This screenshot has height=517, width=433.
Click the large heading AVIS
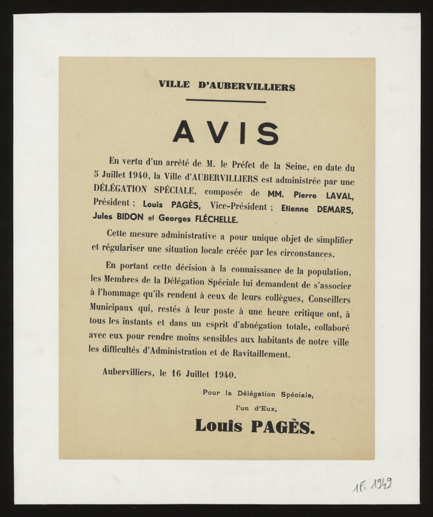point(225,133)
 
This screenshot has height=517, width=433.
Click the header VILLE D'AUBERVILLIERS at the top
point(226,85)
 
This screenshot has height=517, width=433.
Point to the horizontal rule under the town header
point(225,101)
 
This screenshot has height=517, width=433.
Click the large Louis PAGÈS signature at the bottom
point(255,426)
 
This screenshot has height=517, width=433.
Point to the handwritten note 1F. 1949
point(372,485)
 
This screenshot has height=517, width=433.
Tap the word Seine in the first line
point(300,165)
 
